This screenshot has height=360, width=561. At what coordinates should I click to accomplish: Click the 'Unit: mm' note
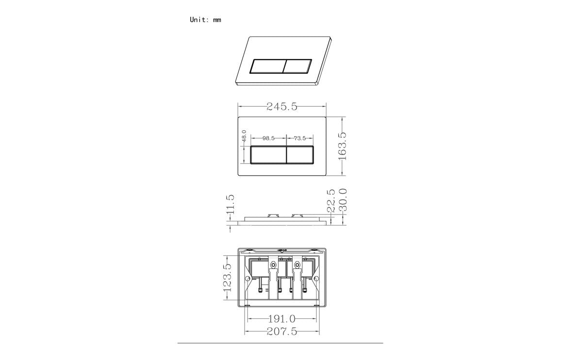tap(205, 20)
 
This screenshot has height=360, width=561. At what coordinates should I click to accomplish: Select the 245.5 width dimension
tap(281, 107)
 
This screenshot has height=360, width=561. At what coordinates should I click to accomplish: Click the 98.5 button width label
tap(268, 138)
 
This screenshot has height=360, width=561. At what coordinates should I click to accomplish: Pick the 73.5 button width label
tap(300, 138)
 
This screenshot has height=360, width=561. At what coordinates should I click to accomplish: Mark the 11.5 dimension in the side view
tap(231, 204)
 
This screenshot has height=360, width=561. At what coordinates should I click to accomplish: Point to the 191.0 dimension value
tap(281, 319)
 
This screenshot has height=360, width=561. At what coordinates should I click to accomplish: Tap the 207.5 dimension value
tap(281, 331)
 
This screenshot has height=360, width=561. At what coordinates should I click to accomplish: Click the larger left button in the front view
tap(268, 155)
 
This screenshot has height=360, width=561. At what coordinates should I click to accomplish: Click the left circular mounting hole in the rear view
tap(248, 278)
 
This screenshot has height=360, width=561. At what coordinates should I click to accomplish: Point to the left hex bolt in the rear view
tap(273, 265)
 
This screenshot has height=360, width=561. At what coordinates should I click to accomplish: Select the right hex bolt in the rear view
tap(296, 265)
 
